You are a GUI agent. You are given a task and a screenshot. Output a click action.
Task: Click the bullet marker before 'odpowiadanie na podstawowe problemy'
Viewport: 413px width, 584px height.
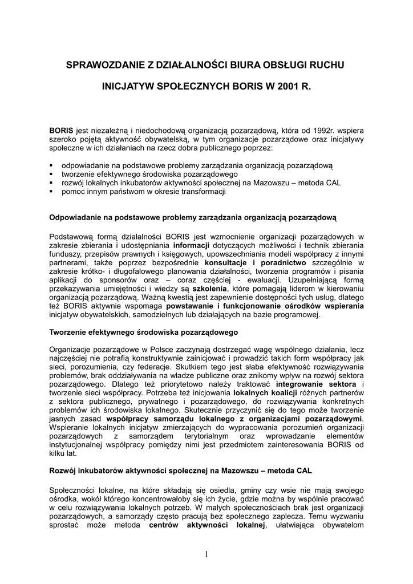51,165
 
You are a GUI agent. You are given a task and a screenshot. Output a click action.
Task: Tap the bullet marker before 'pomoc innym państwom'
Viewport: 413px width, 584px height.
51,192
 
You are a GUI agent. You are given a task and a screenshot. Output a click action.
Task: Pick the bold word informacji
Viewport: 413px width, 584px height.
193,245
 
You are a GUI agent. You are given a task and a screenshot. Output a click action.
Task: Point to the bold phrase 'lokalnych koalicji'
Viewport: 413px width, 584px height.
262,394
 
